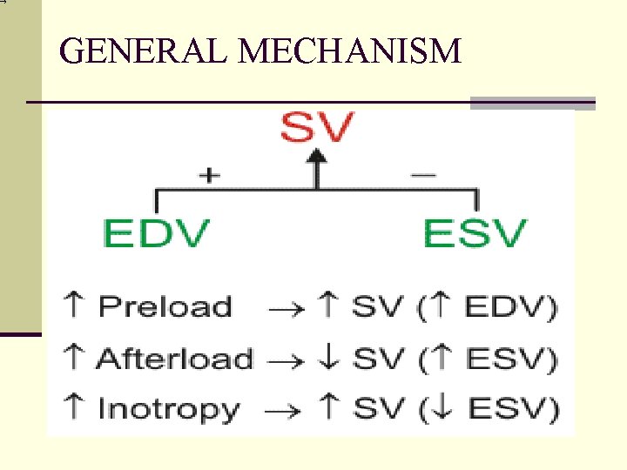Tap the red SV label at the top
tap(317, 131)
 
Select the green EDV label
tap(156, 233)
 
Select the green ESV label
tap(475, 233)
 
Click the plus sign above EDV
tap(209, 175)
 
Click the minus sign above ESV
tap(423, 175)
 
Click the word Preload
tap(165, 307)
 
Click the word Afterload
tap(174, 359)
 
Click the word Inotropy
tap(168, 409)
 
